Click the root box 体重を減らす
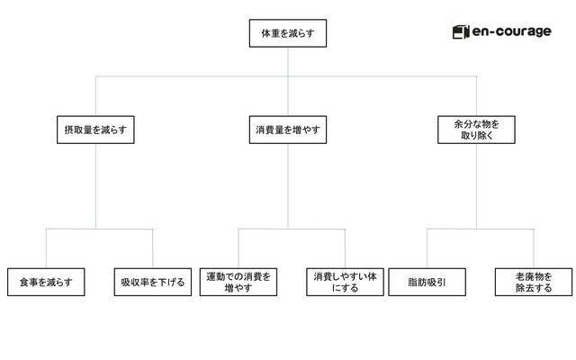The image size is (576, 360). [288, 33]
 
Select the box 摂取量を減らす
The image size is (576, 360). [95, 130]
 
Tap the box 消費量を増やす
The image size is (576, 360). [288, 130]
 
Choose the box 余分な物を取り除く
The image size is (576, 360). [476, 130]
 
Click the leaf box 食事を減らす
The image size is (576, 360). [46, 282]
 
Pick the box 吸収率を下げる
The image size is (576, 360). [153, 282]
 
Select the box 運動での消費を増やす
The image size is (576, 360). [238, 282]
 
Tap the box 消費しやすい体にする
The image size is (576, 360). [345, 282]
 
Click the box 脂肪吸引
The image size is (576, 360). [427, 282]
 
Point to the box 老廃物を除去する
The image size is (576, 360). [534, 282]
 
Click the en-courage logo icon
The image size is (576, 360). [461, 32]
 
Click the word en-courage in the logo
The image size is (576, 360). [512, 32]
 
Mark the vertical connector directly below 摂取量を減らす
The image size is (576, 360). [96, 186]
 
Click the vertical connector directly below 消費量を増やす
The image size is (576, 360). [288, 186]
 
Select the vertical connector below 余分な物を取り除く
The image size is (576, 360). [476, 186]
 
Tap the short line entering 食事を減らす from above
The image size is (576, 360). [46, 248]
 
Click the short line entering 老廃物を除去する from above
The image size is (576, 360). [534, 248]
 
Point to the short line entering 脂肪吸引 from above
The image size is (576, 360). [427, 248]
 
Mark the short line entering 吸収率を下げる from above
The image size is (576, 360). [153, 248]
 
